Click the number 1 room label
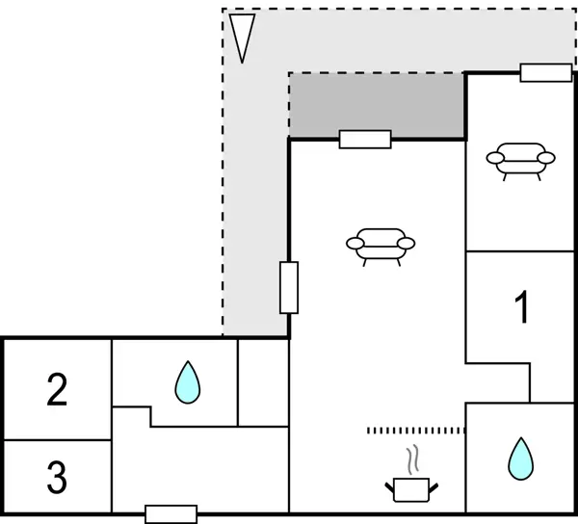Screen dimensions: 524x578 click(x=521, y=308)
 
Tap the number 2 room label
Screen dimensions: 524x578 click(x=57, y=390)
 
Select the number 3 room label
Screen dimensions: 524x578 click(x=57, y=475)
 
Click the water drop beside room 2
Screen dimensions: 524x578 click(x=188, y=382)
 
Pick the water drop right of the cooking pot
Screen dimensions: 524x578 click(x=520, y=458)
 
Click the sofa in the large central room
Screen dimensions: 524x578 click(x=380, y=245)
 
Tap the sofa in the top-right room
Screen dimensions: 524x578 click(x=521, y=158)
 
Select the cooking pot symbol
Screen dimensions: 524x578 click(x=414, y=488)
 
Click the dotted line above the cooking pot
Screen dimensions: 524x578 click(x=416, y=430)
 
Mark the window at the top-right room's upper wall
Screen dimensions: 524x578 click(x=545, y=72)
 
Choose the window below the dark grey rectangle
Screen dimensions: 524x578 click(x=365, y=140)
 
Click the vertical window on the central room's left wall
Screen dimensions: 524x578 click(x=289, y=287)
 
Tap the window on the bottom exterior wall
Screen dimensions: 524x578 click(x=171, y=514)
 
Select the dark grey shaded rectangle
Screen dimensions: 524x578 click(x=377, y=103)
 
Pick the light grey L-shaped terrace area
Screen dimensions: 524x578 click(x=255, y=193)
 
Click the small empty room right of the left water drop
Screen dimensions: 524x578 click(x=263, y=382)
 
